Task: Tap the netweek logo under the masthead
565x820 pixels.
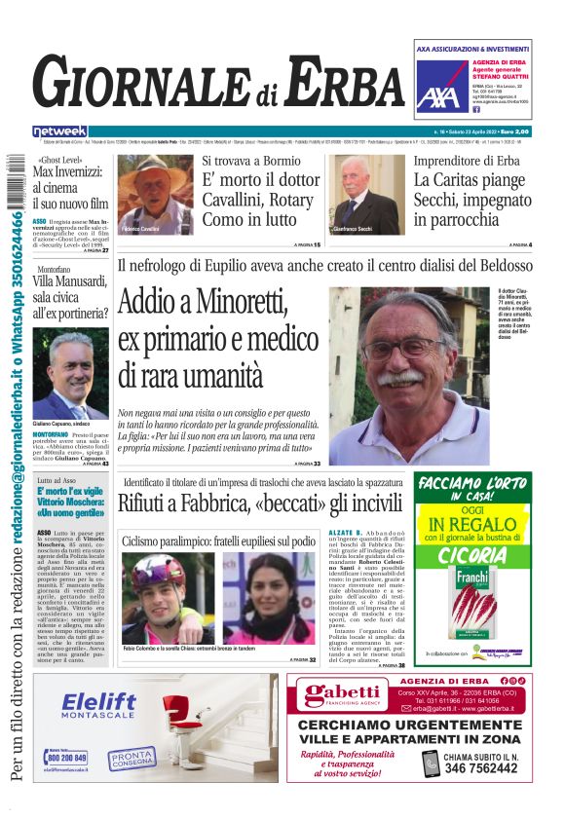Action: coord(59,130)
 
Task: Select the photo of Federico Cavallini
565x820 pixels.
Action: coord(155,193)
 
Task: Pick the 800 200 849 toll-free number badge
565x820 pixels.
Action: coord(67,757)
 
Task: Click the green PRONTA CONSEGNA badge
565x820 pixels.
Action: coord(132,755)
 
